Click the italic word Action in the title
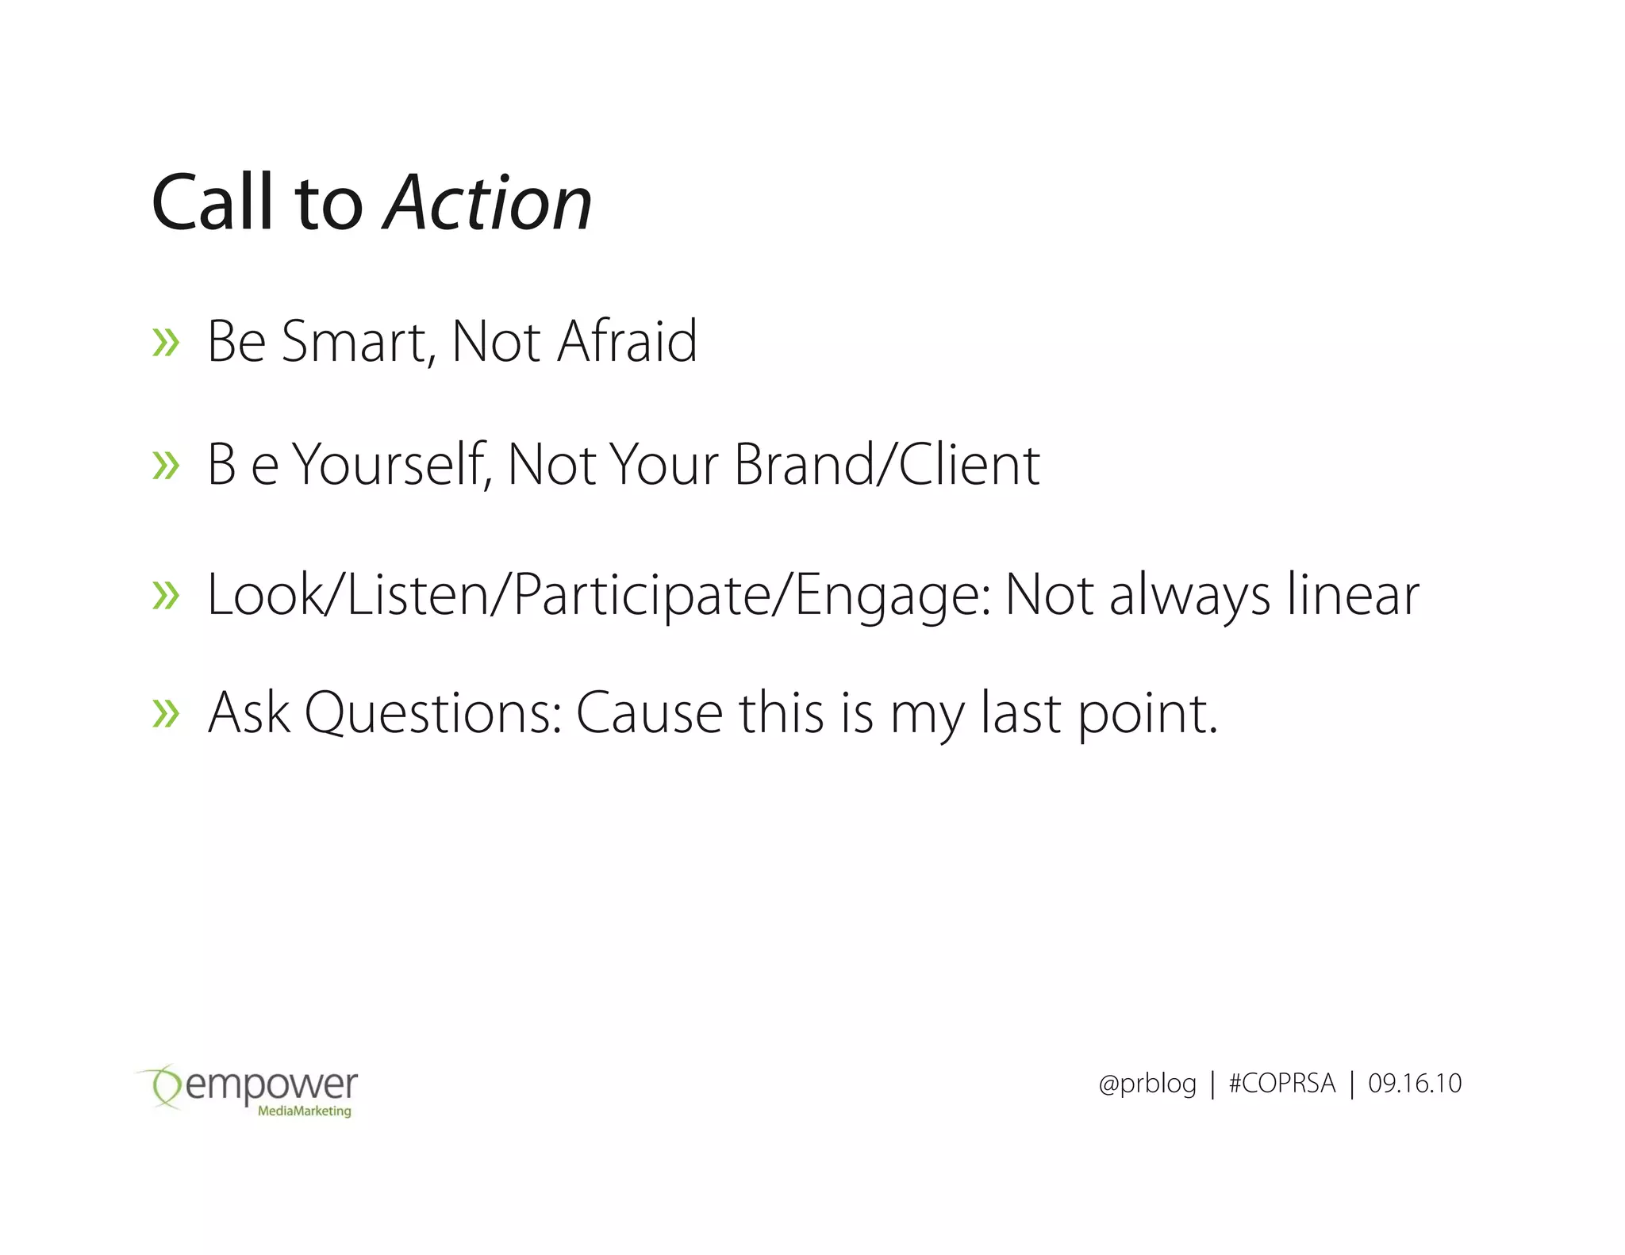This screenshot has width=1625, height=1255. [488, 204]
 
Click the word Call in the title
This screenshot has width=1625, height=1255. [213, 204]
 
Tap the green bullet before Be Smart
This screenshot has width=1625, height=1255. [166, 343]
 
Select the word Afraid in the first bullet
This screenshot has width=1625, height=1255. [627, 342]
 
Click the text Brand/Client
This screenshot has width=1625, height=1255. [886, 465]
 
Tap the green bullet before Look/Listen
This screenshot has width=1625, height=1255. [166, 596]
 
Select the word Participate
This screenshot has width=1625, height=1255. [642, 596]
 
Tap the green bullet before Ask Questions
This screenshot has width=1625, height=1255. [166, 714]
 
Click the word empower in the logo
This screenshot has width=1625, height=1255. [271, 1085]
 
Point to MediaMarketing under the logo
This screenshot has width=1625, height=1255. [304, 1111]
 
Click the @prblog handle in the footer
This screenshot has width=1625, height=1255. [1147, 1084]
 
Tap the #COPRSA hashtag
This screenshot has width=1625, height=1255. [1281, 1084]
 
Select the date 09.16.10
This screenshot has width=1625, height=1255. [1415, 1084]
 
